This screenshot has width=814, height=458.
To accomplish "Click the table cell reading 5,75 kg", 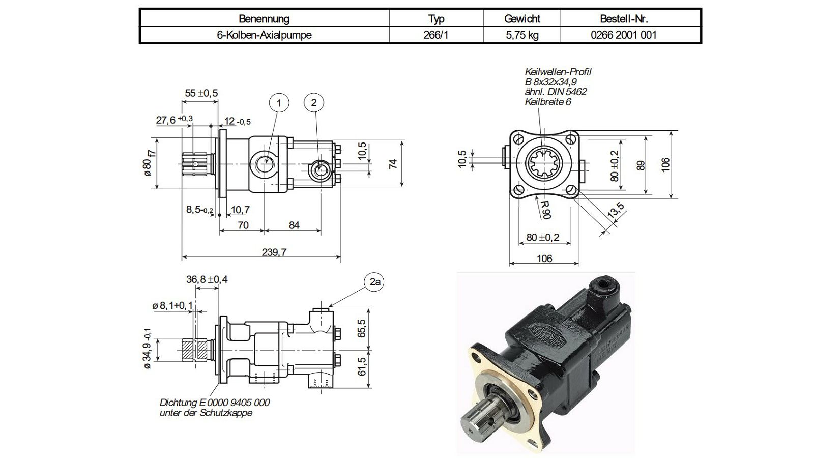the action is click(x=522, y=35).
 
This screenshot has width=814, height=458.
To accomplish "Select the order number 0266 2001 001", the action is click(x=624, y=35).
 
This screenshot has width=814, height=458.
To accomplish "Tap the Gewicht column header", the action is click(x=522, y=18).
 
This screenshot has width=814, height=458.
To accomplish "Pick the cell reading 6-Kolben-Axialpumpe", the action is click(x=264, y=35).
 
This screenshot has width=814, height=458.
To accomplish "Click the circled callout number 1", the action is click(x=279, y=103).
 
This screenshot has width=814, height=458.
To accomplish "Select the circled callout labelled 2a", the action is click(x=374, y=282).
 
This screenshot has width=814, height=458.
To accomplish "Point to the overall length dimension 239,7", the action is click(x=274, y=252).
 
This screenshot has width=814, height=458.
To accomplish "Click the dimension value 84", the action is click(x=294, y=225).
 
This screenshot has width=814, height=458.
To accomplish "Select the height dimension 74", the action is click(x=393, y=163).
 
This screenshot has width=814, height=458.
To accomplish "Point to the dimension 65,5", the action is click(x=361, y=328).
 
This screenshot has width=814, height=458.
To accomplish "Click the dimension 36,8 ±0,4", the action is click(x=207, y=279).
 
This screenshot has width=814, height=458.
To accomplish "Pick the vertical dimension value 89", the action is click(x=641, y=165).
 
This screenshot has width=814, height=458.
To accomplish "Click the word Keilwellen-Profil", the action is click(x=558, y=72).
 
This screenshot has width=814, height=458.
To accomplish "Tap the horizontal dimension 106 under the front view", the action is click(x=544, y=259).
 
